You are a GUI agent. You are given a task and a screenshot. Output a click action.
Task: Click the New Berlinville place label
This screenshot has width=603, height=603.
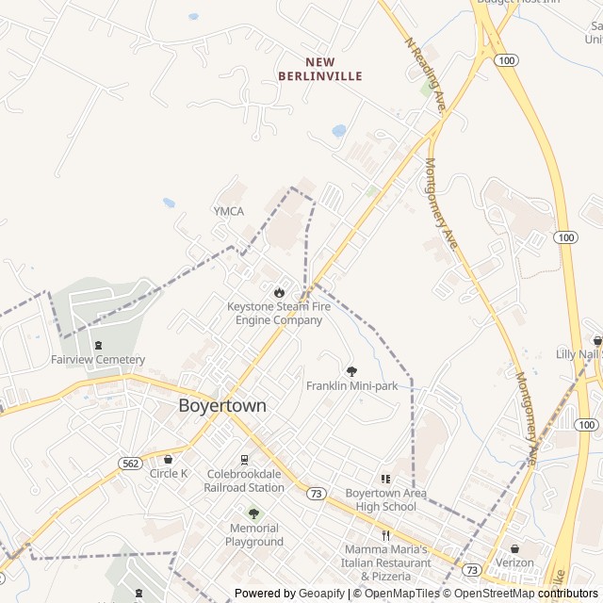[x=320, y=68]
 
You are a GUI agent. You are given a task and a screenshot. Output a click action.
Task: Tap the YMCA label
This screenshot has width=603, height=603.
[x=228, y=212]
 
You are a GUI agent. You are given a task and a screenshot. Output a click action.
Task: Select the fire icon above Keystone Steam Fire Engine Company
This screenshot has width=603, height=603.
[x=278, y=292]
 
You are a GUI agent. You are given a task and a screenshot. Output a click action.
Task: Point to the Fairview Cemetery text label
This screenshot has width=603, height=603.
[x=98, y=360]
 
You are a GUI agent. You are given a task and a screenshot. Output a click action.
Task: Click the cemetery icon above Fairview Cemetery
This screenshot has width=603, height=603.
[x=99, y=345]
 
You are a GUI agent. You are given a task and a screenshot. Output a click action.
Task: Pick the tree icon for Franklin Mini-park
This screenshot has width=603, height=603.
[x=352, y=371]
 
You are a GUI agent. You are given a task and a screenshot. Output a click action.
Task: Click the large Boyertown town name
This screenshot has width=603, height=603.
[x=222, y=406]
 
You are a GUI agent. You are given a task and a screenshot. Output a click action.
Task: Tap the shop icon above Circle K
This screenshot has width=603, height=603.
[x=169, y=459]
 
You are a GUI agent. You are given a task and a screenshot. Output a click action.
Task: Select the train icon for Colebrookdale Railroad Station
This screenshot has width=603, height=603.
[x=244, y=460]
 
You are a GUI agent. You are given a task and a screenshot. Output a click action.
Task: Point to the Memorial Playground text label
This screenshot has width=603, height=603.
[x=253, y=535]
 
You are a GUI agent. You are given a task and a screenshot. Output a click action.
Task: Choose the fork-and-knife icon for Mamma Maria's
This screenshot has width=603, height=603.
[x=385, y=535]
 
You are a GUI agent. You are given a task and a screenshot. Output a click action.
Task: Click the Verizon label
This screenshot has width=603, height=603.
[x=514, y=563]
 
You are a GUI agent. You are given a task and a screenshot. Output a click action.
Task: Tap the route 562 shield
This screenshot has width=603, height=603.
[x=130, y=463]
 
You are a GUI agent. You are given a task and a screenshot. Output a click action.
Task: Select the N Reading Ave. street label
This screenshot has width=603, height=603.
[x=426, y=75]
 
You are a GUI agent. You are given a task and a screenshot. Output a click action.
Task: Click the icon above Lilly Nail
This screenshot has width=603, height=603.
[x=596, y=340]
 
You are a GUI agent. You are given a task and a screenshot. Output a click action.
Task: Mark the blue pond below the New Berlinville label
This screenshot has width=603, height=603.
[x=338, y=131]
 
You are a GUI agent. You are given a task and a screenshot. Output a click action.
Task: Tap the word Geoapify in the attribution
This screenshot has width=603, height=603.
[x=322, y=594]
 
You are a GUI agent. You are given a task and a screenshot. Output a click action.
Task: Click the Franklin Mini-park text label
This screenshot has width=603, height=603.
[x=352, y=386]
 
